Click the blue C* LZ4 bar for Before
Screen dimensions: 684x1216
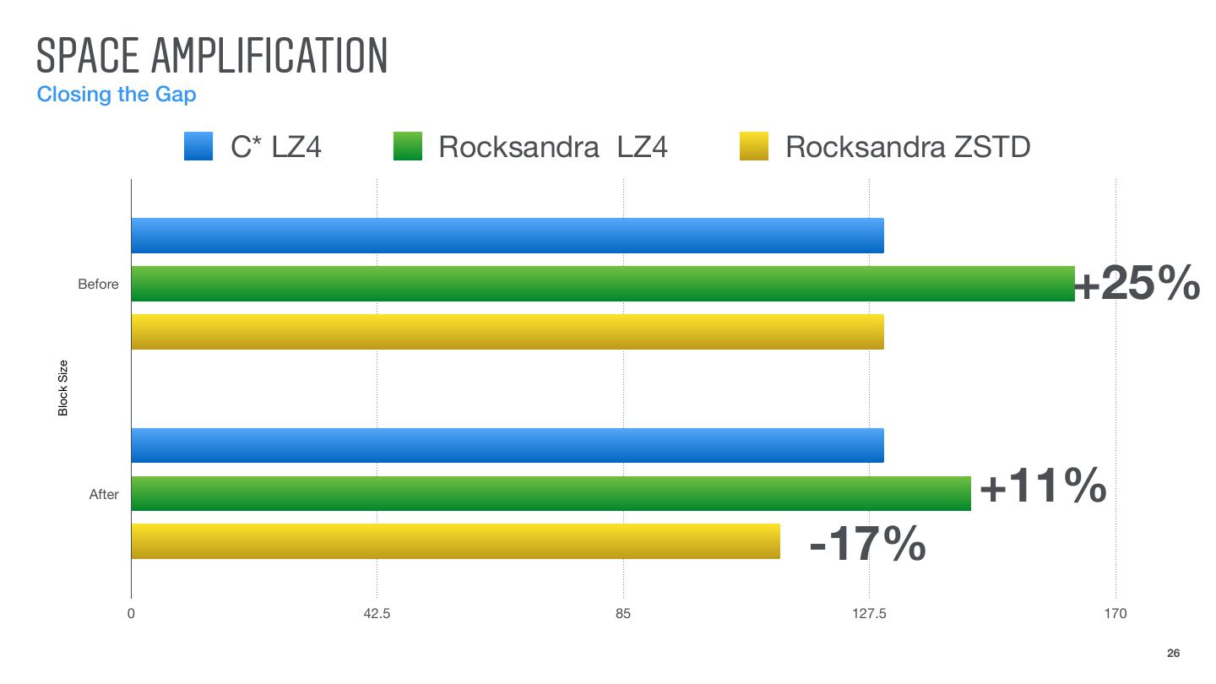(x=507, y=236)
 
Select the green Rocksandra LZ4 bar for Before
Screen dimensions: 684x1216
(x=602, y=284)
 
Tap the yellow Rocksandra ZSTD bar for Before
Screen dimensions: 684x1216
(x=507, y=332)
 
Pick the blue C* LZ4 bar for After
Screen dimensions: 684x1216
(x=507, y=445)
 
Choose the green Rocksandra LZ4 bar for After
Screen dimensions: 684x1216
(x=551, y=493)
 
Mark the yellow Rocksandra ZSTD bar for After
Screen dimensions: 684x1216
(x=455, y=541)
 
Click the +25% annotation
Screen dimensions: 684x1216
(x=1137, y=284)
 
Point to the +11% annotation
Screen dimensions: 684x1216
(x=1043, y=486)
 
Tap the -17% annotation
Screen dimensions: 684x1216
(x=867, y=545)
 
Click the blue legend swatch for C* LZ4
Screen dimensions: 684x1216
(x=198, y=147)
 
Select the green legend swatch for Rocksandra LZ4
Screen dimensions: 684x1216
(x=408, y=147)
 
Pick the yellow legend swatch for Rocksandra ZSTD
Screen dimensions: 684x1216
(x=753, y=147)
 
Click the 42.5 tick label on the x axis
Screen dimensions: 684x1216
(x=377, y=614)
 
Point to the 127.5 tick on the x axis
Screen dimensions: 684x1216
(x=869, y=614)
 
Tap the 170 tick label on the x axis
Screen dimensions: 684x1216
(x=1115, y=614)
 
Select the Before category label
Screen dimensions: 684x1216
(x=98, y=285)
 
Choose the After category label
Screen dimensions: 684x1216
(x=104, y=495)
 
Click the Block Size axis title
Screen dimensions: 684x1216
(x=63, y=388)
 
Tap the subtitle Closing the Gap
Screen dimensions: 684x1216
(x=117, y=94)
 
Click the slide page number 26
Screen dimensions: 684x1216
(x=1173, y=653)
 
